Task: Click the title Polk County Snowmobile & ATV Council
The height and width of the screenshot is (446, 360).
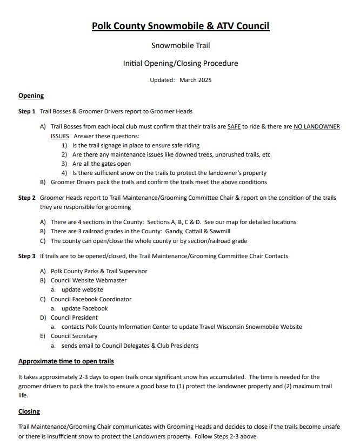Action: [x=180, y=25]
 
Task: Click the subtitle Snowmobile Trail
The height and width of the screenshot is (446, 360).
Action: [x=180, y=46]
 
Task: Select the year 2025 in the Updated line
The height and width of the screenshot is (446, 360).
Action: [x=203, y=80]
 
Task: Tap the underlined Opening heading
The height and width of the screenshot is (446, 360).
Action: [x=31, y=96]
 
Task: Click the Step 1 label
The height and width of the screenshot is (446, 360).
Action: [x=26, y=112]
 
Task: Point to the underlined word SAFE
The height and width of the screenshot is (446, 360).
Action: [x=234, y=126]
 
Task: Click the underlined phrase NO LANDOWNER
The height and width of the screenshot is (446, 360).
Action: [x=317, y=126]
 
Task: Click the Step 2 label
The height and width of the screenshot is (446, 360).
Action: [x=26, y=198]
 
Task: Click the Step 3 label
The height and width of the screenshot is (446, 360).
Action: [x=26, y=256]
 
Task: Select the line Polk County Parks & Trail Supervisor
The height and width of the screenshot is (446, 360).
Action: [x=99, y=271]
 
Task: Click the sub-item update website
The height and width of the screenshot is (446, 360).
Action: [x=82, y=289]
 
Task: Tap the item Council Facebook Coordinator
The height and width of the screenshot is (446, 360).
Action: [x=91, y=299]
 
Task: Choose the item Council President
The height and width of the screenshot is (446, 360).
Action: [x=74, y=317]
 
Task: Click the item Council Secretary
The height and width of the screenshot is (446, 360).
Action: [x=74, y=336]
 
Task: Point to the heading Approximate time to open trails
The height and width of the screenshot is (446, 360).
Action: [x=66, y=361]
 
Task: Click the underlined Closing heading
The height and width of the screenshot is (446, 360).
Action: [x=29, y=411]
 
